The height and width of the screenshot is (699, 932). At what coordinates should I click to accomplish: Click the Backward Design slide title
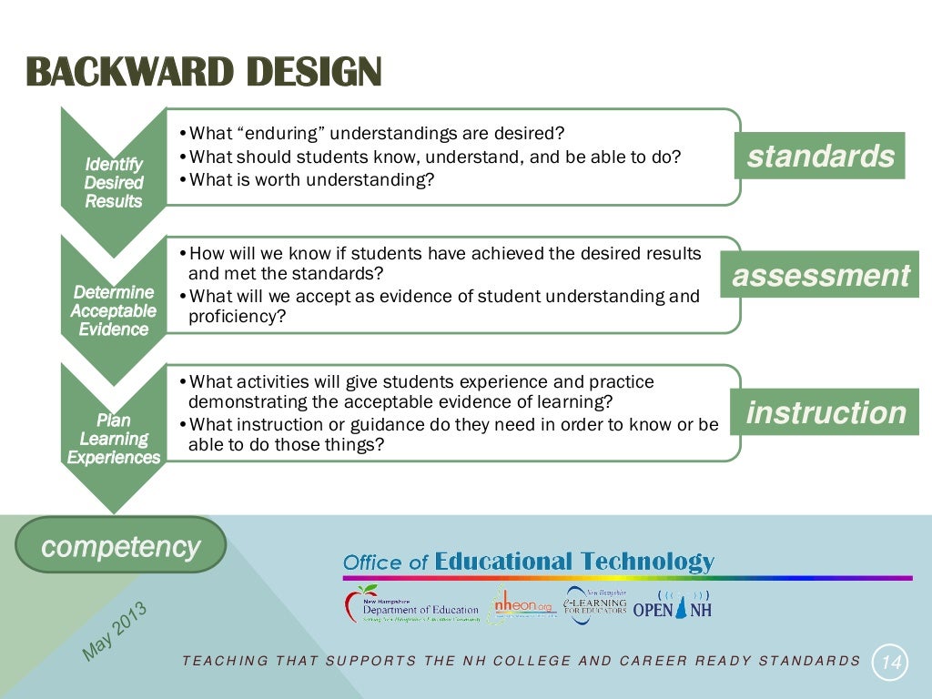204,74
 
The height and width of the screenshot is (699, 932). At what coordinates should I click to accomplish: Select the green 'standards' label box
820,156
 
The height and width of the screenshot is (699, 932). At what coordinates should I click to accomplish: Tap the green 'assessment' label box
820,275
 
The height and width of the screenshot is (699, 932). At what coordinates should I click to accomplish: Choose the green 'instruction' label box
826,412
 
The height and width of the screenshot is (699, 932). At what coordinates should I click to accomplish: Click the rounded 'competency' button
121,546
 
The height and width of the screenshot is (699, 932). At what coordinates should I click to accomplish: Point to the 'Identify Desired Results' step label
114,182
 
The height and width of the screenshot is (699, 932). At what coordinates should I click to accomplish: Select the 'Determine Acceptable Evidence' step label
114,310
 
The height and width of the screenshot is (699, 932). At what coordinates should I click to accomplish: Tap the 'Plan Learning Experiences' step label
114,439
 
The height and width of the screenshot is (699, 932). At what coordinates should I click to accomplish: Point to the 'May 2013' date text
115,631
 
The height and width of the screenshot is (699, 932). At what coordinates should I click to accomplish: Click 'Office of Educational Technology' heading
529,562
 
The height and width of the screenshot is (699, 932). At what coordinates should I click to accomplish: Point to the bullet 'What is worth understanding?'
312,179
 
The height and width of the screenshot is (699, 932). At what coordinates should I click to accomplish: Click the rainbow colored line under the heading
627,578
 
